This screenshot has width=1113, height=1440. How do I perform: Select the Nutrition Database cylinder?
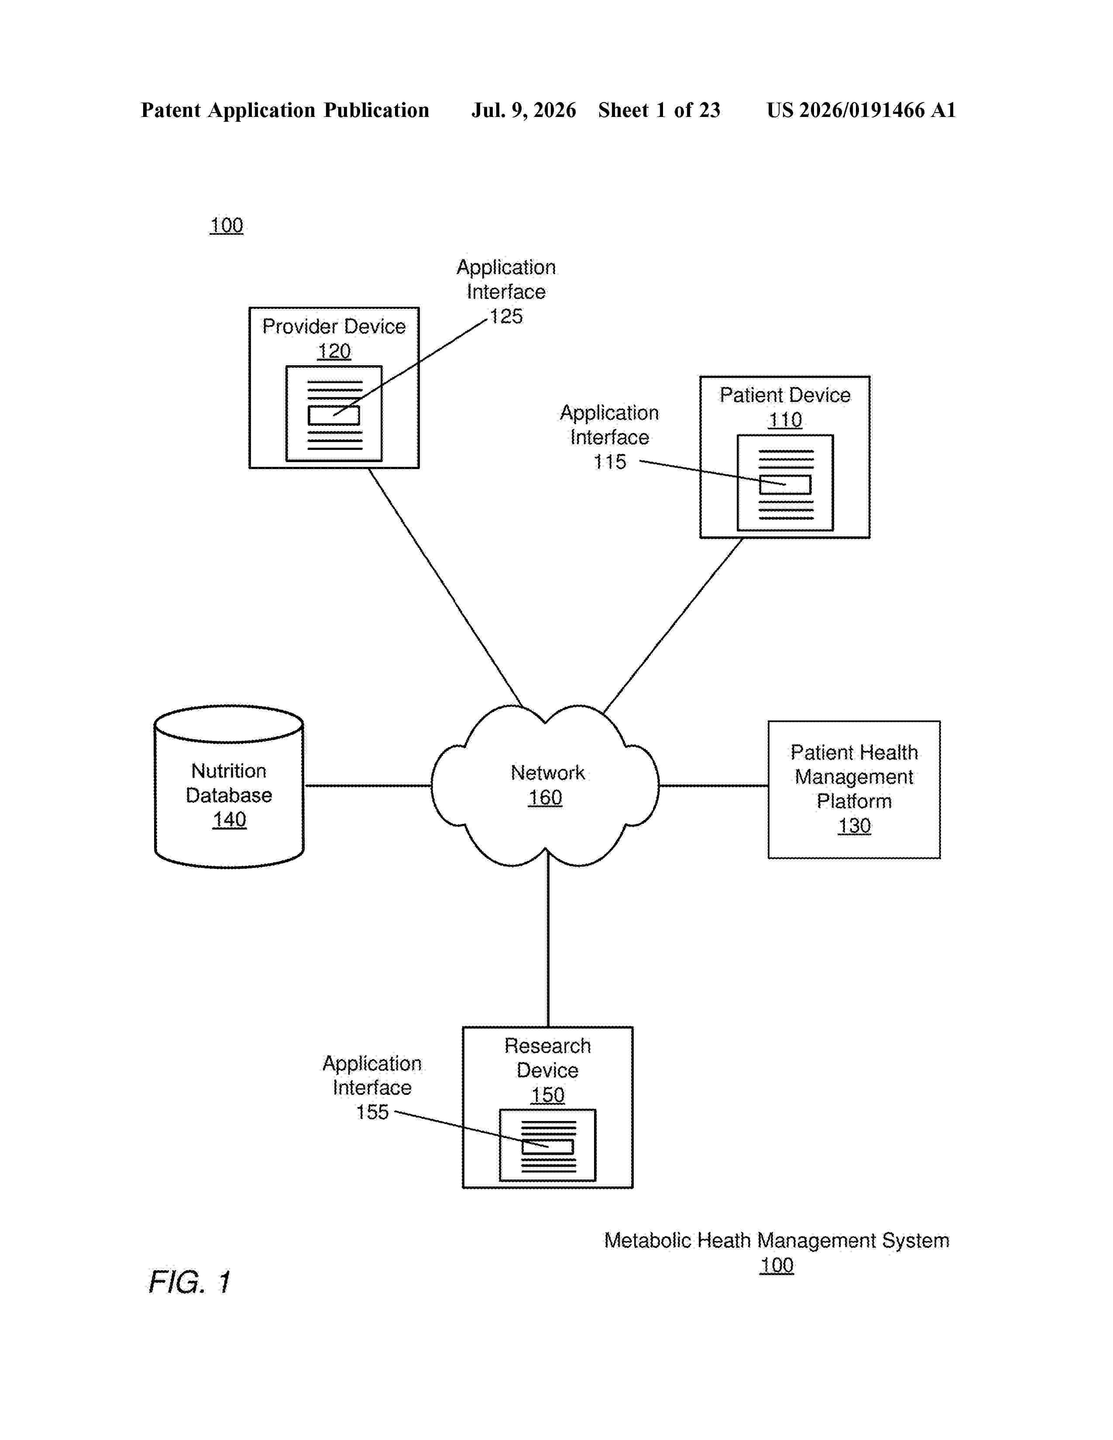coord(229,787)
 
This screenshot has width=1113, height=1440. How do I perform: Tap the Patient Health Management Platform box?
coord(854,789)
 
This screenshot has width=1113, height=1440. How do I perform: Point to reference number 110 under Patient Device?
coord(785,420)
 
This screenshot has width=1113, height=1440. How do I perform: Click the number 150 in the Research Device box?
coord(547,1095)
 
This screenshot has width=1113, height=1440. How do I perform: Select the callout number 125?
coord(506,316)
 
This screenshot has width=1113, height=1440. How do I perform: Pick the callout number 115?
coord(610,462)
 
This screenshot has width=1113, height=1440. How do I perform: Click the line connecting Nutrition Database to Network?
coord(368,785)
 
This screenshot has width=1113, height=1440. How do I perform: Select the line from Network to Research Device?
coord(548,938)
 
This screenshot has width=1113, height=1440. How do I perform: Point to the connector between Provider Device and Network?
coord(446,587)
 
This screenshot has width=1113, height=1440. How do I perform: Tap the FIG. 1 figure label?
coord(190,1282)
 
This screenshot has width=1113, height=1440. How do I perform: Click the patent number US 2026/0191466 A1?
coord(861,110)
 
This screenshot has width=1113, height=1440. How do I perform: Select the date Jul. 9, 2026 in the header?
coord(523,110)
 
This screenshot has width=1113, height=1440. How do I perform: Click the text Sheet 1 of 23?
coord(660,110)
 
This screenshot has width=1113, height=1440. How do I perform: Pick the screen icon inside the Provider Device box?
coord(333,413)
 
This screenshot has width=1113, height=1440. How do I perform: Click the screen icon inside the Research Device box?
coord(548,1145)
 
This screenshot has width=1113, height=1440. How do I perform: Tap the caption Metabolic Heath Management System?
coord(777,1240)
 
